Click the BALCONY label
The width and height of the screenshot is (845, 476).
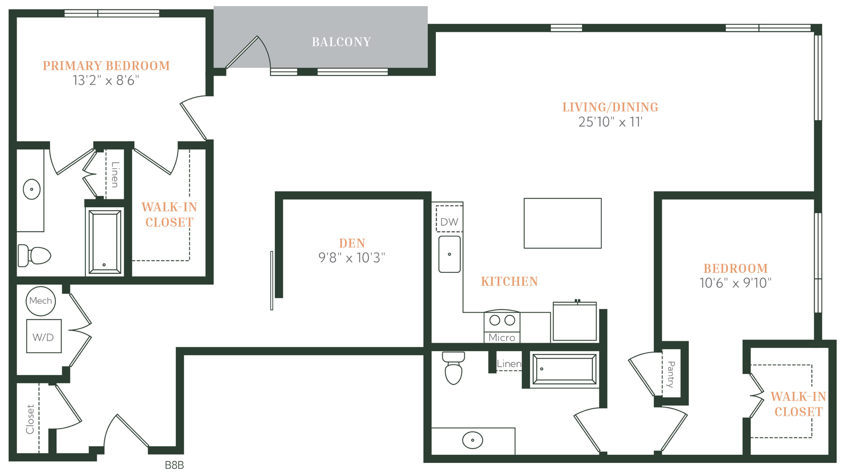341,42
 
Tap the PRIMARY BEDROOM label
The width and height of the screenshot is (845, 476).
106,66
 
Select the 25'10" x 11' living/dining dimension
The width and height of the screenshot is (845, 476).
610,122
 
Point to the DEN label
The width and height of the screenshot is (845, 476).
352,243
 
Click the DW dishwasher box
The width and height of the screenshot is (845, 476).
449,219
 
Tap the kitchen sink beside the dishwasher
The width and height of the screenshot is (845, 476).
449,254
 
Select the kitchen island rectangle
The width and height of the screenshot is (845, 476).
562,223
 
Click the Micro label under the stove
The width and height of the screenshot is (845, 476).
502,338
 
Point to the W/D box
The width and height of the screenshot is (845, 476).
44,336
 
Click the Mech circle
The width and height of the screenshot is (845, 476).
41,301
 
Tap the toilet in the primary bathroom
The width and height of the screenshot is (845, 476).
34,255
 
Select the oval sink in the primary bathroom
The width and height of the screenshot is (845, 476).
32,189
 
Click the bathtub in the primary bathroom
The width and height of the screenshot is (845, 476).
105,242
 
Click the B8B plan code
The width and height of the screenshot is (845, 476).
174,465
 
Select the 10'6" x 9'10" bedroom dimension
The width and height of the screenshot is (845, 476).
735,283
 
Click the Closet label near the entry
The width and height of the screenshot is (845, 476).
30,419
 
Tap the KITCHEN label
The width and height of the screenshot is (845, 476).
509,281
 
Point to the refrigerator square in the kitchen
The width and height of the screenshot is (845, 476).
575,321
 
